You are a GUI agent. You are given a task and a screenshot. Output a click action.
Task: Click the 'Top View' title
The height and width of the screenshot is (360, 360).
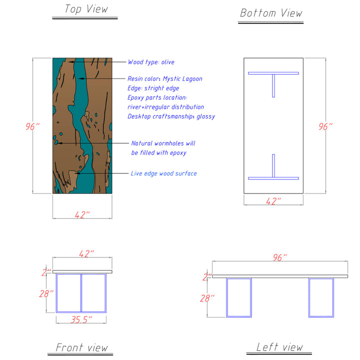click(x=86, y=9)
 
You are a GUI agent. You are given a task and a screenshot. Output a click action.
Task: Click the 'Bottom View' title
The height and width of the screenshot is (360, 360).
click(x=271, y=13)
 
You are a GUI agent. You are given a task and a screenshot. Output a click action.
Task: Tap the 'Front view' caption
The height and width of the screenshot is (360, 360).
click(x=81, y=347)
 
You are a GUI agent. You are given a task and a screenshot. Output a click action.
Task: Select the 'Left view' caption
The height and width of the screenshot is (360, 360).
click(x=279, y=346)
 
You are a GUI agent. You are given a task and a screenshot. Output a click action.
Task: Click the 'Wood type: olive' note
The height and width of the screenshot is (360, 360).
click(x=151, y=62)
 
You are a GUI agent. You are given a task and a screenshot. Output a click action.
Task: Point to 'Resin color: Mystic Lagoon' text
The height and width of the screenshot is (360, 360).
click(x=165, y=78)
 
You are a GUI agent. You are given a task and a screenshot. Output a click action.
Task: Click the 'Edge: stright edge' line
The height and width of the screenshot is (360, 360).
click(x=153, y=88)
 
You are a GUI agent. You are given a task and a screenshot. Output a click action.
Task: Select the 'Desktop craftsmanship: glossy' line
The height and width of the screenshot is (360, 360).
click(x=171, y=116)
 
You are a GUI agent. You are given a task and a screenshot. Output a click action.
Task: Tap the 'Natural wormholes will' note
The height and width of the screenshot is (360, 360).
click(x=163, y=143)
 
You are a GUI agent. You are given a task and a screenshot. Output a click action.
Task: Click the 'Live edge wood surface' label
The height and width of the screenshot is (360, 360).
click(x=163, y=173)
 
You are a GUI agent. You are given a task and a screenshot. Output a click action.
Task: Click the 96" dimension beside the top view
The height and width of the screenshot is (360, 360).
click(x=32, y=126)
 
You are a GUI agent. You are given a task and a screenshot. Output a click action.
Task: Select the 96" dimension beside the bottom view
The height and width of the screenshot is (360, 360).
click(x=325, y=126)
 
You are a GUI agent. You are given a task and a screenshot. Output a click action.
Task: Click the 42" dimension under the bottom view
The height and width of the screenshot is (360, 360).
click(x=273, y=201)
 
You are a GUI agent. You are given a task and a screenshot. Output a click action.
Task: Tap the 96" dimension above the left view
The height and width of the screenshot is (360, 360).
click(x=279, y=257)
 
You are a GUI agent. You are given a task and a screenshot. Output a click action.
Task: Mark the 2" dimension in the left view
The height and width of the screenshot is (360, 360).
click(x=206, y=276)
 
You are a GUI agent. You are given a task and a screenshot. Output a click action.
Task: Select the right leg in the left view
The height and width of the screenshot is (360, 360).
click(x=321, y=297)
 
